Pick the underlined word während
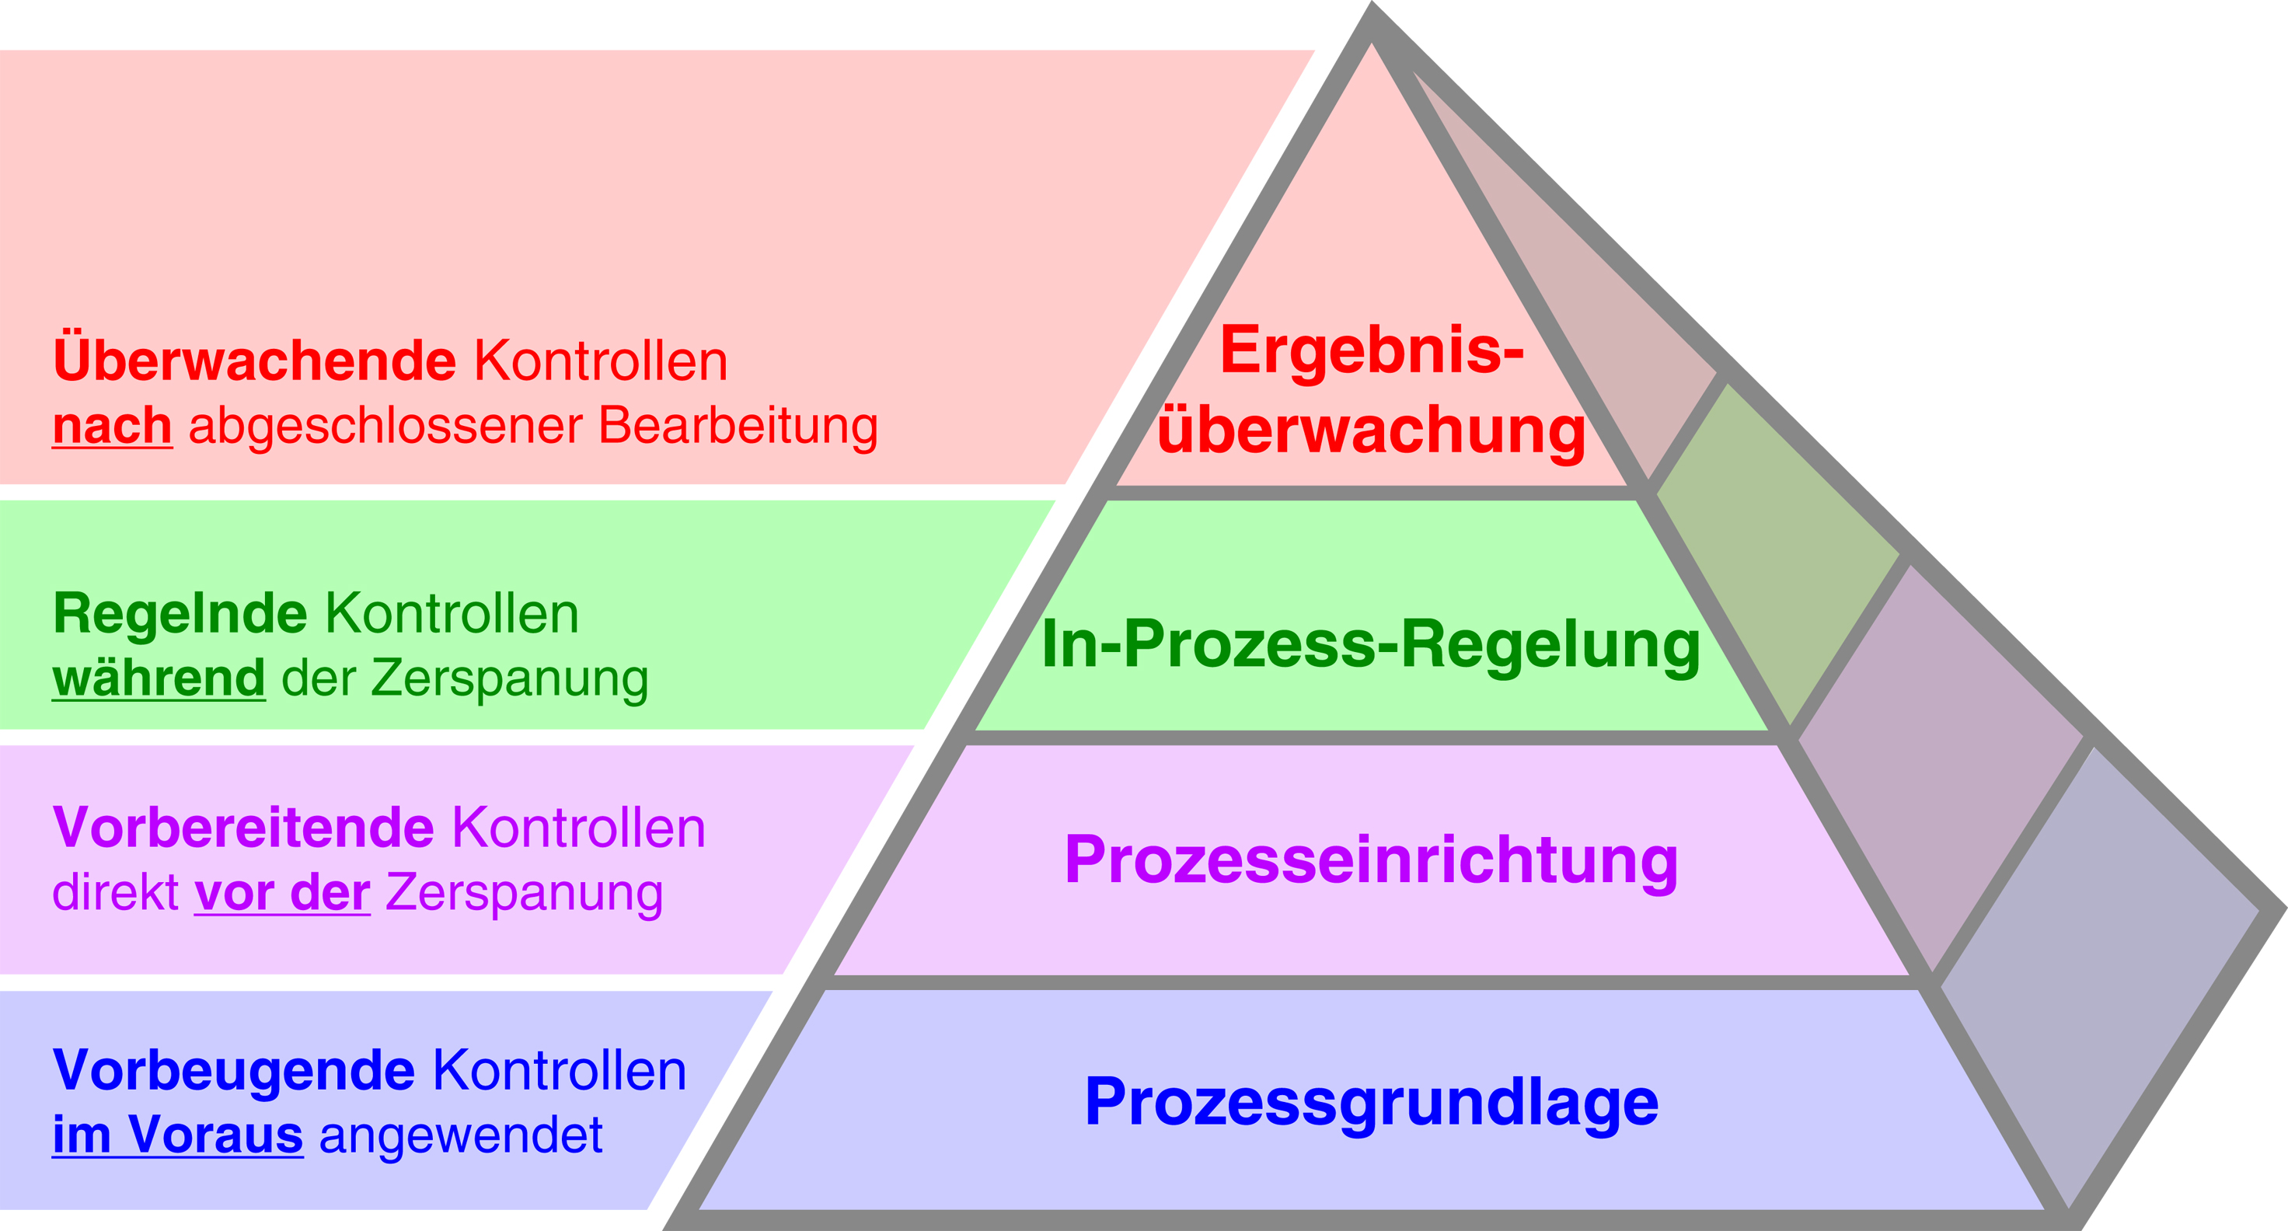(158, 678)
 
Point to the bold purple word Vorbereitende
(243, 827)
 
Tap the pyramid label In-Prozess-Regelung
(1370, 644)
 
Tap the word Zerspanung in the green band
(509, 678)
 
